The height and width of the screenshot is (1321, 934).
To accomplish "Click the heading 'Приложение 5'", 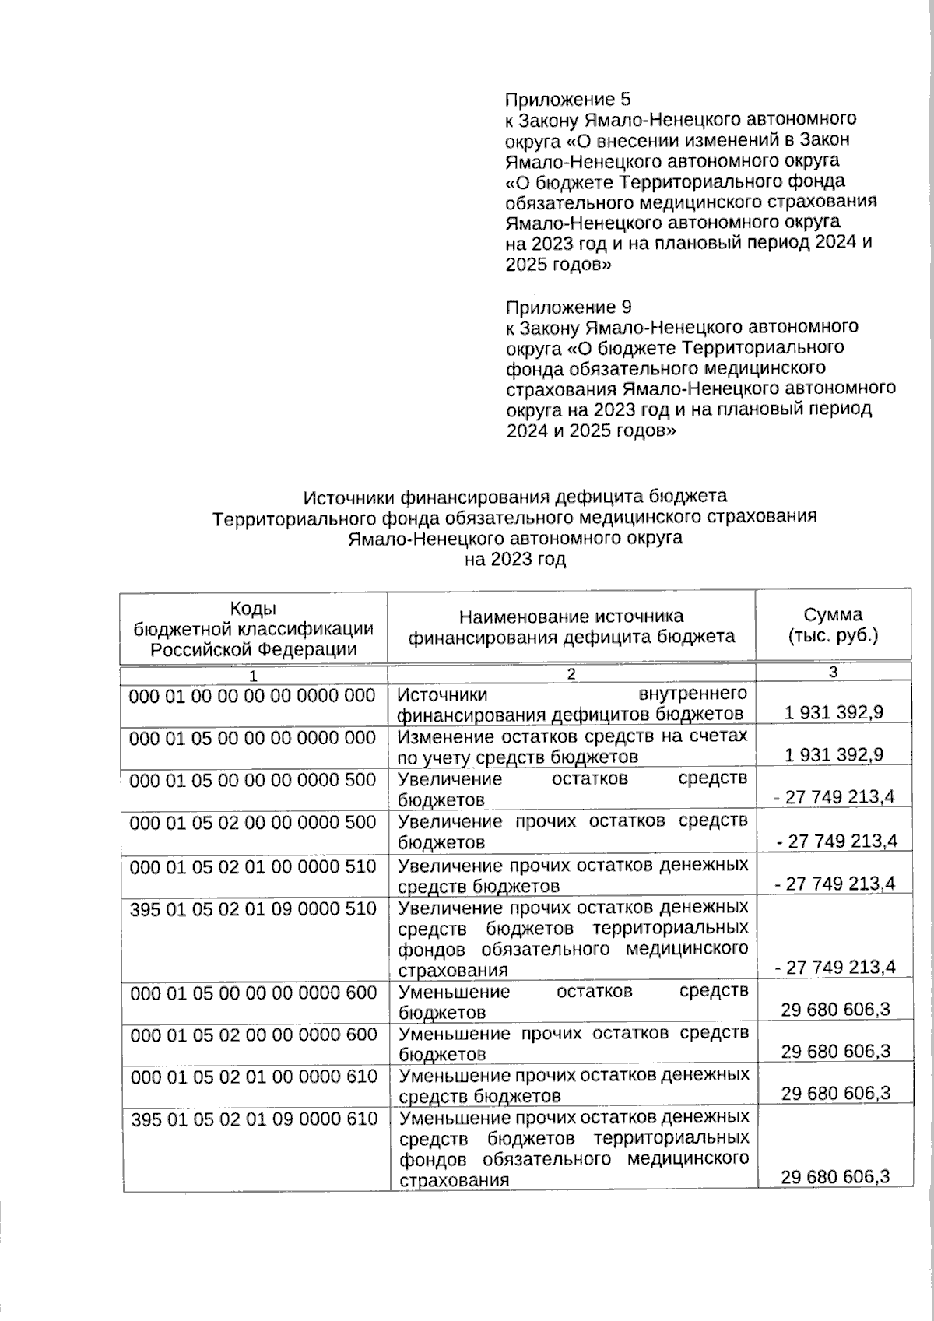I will (567, 100).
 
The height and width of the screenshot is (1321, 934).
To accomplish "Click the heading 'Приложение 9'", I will (568, 307).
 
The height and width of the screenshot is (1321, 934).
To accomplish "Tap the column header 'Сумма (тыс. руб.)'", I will (833, 625).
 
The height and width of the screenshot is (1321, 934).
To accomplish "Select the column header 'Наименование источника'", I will (571, 617).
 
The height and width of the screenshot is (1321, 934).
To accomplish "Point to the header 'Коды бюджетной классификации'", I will (253, 628).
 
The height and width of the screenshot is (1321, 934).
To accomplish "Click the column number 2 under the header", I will (571, 674).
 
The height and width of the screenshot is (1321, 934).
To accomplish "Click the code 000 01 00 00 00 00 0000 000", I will (253, 695).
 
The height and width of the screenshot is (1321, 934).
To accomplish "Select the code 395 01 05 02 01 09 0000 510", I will (253, 908).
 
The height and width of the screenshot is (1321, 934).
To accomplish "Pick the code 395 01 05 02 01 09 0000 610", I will (253, 1119).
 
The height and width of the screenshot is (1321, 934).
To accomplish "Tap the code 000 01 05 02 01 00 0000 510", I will (253, 866).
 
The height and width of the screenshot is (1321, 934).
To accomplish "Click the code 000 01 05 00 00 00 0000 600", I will (253, 993).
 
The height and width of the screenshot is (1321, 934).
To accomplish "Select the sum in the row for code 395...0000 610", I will (835, 1177).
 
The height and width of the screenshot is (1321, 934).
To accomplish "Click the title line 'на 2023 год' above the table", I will (514, 559).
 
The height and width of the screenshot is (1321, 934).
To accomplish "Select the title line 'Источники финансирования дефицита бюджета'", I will (514, 496).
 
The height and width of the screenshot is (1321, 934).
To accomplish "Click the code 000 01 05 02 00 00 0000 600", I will (253, 1035).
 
